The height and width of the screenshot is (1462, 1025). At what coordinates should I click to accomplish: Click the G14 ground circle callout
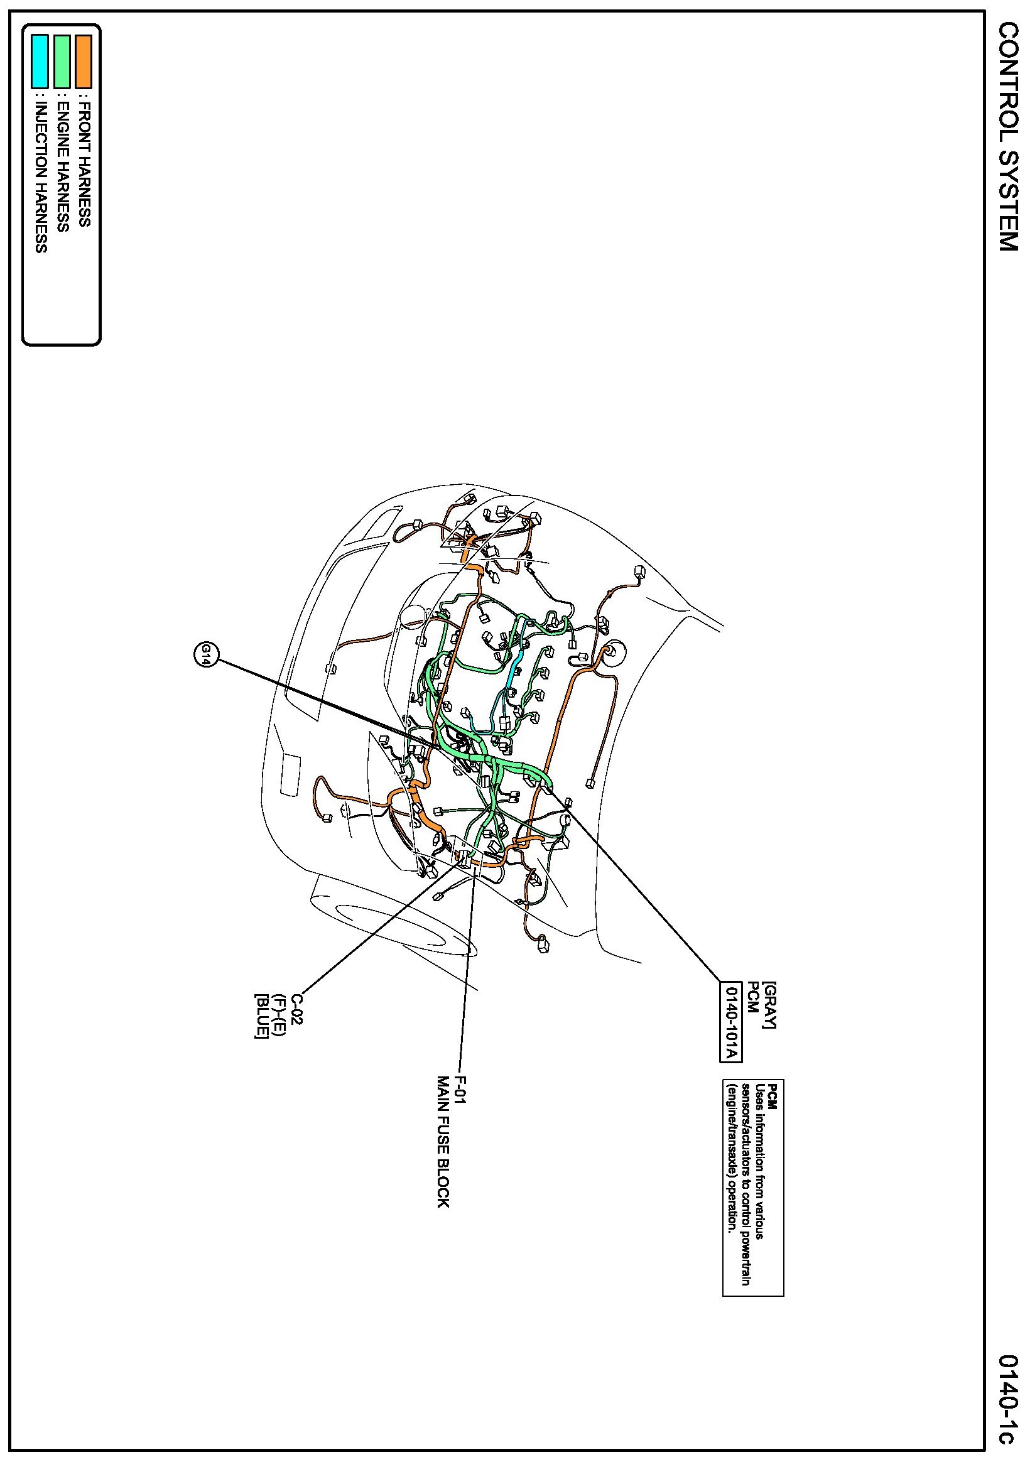click(205, 654)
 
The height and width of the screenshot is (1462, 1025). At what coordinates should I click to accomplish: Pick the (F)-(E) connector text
click(278, 1012)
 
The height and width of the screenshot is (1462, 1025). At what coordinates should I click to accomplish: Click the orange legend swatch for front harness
click(84, 61)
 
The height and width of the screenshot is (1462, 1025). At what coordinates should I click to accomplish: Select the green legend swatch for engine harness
click(62, 61)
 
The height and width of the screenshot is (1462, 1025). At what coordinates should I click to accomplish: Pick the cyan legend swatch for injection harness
click(40, 61)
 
